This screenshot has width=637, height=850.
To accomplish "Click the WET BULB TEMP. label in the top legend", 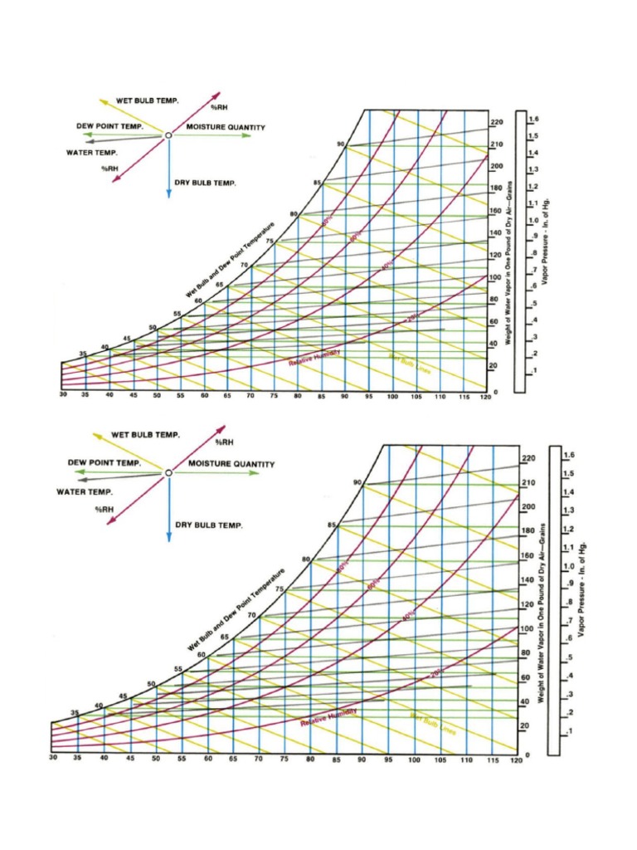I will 147,100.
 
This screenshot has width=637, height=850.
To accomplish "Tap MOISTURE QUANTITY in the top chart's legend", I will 225,127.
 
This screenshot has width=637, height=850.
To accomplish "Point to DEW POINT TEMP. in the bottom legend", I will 104,462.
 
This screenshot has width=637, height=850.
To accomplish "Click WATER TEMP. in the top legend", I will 92,153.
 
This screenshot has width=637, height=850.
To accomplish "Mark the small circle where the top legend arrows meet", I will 168,134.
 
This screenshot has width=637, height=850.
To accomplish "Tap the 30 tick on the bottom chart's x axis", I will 52,759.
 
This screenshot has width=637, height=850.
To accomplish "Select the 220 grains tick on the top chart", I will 497,122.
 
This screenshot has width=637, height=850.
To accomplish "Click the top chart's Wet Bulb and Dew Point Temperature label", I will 230,261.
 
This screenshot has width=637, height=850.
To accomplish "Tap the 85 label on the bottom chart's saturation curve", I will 332,525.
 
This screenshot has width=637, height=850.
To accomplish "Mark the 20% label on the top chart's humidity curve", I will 414,316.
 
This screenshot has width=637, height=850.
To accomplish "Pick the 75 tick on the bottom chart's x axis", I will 284,759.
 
